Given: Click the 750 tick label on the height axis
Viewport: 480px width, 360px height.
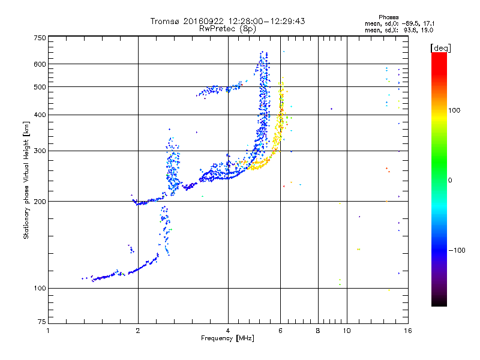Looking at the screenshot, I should tap(39, 38).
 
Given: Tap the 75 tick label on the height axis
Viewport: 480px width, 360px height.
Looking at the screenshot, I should tap(41, 323).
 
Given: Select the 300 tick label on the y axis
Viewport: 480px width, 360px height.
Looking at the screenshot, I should tap(39, 151).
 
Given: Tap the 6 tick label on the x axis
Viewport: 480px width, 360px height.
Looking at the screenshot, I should tap(281, 331).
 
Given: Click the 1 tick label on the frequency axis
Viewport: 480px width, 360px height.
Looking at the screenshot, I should tap(48, 331).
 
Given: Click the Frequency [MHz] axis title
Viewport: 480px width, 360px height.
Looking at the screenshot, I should tap(227, 339).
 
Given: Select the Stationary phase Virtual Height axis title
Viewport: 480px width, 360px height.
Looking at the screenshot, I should tap(26, 180).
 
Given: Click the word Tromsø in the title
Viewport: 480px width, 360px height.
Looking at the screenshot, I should tap(164, 21).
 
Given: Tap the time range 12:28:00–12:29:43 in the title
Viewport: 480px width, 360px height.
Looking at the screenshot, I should tap(267, 21).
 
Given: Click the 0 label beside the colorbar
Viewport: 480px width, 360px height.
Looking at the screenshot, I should tap(451, 180).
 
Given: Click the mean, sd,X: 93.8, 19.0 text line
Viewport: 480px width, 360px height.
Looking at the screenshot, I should tap(398, 30).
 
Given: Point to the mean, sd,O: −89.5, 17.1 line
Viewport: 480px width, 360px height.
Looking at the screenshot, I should tap(398, 23).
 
